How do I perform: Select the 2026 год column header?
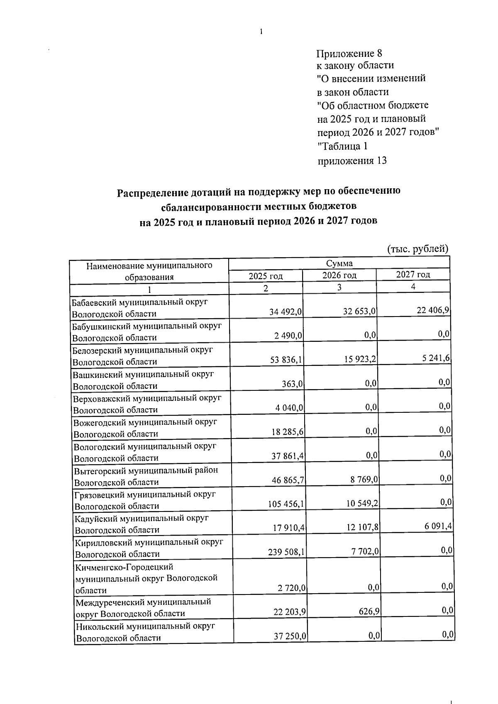coord(339,275)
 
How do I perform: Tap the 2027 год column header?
coord(413,274)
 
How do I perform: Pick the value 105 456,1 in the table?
coord(287,504)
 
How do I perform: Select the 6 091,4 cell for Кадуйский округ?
coord(435,526)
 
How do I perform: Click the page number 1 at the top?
coord(261,32)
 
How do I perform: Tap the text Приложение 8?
coord(349,54)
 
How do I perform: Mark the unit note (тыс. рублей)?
coord(418,249)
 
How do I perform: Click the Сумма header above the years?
coord(339,263)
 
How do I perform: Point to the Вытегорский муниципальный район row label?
coord(146,476)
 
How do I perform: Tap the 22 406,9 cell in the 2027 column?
coord(434,310)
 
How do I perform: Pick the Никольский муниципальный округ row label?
coord(145,632)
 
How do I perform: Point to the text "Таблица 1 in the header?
coord(342,146)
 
